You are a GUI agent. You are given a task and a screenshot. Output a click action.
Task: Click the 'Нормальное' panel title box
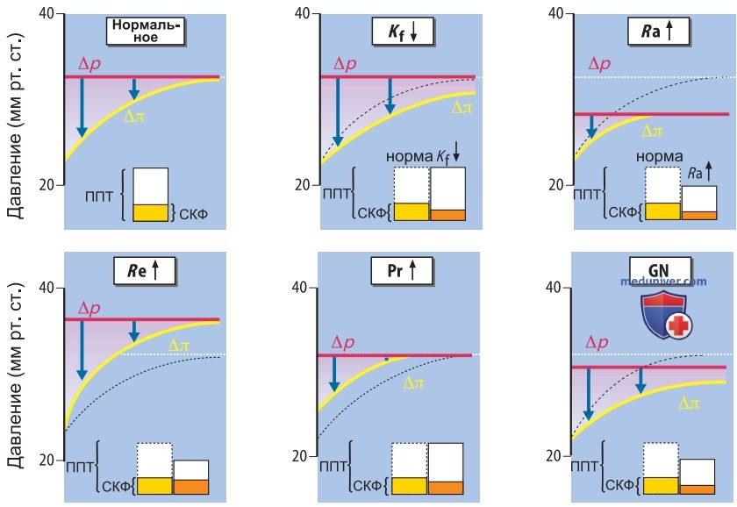coord(146,31)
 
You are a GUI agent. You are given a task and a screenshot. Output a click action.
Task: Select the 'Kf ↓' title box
coord(403,32)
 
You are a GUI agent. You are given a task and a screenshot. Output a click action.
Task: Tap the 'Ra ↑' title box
coord(659,32)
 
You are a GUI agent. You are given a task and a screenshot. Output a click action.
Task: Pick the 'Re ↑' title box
coord(144,271)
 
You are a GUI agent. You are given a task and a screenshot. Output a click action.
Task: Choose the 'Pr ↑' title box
coord(402,271)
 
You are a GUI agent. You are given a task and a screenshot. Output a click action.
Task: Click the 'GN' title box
coord(660,270)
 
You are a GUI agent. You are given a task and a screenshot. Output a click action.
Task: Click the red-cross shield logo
coord(667,314)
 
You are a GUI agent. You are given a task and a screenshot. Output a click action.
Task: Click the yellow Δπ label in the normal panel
coord(134,116)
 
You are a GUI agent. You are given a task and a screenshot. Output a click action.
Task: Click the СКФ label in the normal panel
coord(193,214)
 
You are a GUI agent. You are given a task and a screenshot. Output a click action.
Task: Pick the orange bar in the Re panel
coord(191,487)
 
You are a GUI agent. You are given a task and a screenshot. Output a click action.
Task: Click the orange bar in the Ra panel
coord(699,216)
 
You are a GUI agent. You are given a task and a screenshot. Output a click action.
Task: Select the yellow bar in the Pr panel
coord(410,486)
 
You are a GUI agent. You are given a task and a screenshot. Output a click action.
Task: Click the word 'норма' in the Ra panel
coord(660,156)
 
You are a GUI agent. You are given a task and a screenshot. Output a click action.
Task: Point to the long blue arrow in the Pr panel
coord(334,374)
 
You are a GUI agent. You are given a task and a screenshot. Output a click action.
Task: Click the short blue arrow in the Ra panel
coord(591,126)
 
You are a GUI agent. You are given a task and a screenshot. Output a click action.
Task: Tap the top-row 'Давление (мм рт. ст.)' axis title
coord(15,125)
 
